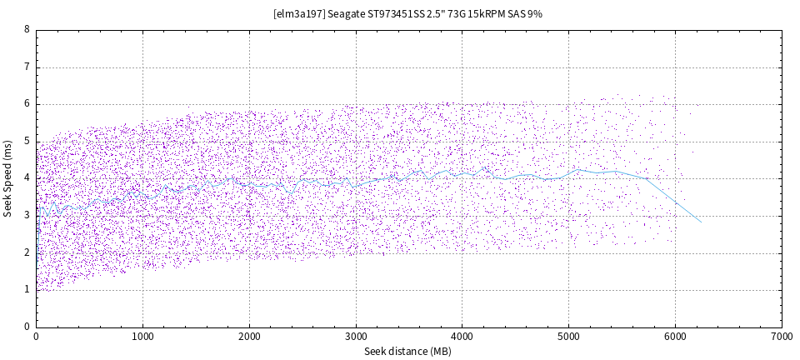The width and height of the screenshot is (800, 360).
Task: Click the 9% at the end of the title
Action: coord(535,14)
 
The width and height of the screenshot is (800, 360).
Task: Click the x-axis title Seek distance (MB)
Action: coord(408,352)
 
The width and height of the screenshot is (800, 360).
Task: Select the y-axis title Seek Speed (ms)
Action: coord(8,177)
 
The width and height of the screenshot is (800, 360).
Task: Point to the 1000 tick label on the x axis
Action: coord(142,337)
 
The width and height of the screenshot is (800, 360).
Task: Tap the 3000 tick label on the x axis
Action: coord(356,337)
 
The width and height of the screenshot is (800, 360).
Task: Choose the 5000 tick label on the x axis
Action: coord(568,337)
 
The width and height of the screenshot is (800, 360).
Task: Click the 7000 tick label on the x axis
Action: coord(782,337)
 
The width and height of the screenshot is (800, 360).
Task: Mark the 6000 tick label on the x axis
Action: coord(675,337)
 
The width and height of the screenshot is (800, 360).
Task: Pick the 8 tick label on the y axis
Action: coord(27,29)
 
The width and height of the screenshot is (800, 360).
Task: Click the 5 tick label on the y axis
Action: coord(27,141)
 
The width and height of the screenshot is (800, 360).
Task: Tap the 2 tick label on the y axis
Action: coord(27,252)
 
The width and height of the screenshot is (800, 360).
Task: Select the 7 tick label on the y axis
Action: coord(27,67)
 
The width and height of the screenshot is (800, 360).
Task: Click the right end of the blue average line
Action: coord(701,222)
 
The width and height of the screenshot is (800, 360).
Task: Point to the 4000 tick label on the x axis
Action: coord(462,337)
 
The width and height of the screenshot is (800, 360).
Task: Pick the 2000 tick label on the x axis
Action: coord(249,337)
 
